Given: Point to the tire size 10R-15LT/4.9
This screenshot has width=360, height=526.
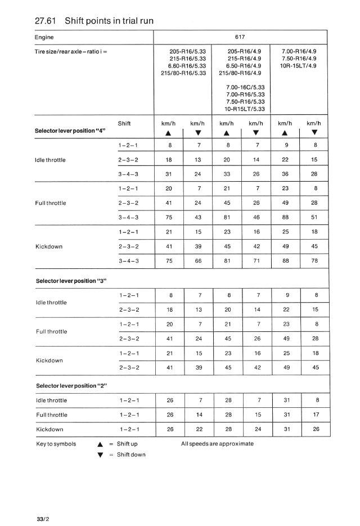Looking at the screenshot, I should point(299,65).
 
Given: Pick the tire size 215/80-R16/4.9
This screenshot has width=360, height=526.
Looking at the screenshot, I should point(240,73).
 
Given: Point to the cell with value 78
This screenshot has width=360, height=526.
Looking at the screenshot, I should point(314,260).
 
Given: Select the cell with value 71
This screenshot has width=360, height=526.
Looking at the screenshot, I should point(256,260).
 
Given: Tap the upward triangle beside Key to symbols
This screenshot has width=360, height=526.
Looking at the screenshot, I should point(98,444).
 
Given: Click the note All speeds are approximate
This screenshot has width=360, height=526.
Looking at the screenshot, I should point(217,444).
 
